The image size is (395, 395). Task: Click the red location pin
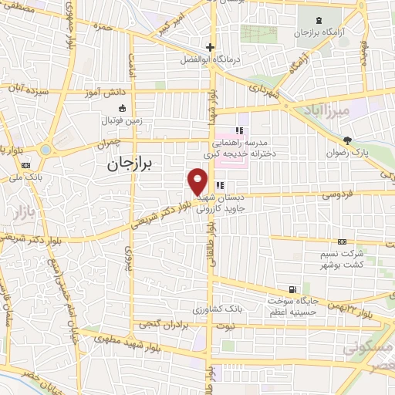tap(197, 181)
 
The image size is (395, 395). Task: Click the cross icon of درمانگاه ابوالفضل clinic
tap(209, 47)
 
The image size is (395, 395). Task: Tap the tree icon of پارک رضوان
tap(348, 140)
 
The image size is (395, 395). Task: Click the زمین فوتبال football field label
tap(122, 121)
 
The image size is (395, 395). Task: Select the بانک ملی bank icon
tap(26, 165)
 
